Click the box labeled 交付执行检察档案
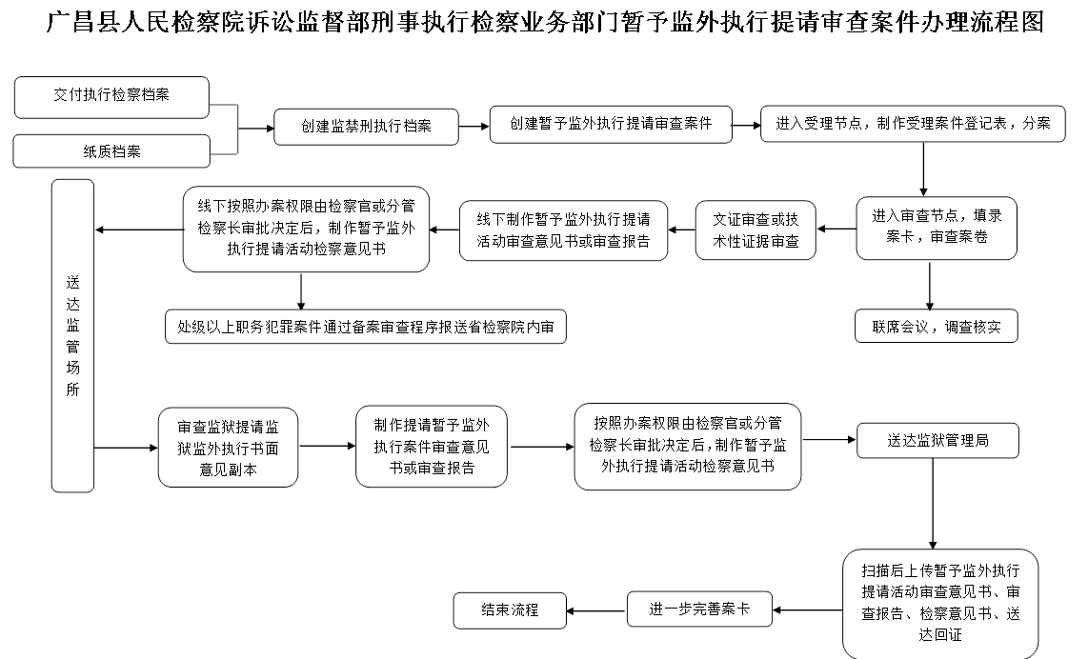point(111,97)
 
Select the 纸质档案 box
point(111,151)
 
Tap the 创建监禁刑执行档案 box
point(366,127)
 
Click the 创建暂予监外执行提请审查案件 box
point(611,125)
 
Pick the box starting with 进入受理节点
point(912,125)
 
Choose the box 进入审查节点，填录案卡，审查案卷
point(936,228)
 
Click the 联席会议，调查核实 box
point(936,327)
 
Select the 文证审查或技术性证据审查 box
point(756,230)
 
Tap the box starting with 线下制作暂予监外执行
point(563,230)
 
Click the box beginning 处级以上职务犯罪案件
point(365,327)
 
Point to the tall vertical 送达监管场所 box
point(72,336)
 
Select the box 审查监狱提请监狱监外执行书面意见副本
point(228,447)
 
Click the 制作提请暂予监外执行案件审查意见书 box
point(431,446)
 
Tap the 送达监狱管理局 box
point(937,441)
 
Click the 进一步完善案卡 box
point(699,609)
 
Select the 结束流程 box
point(510,609)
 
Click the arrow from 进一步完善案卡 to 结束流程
point(597,610)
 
